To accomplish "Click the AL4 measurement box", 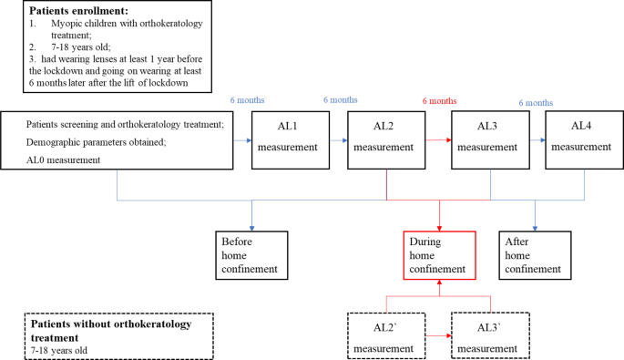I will coord(583,139).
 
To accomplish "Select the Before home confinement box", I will coord(251,255).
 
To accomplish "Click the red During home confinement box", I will coord(440,255).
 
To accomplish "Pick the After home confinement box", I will coord(535,255).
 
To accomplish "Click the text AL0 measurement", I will coord(64,159).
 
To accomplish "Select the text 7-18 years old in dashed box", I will coord(61,348).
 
